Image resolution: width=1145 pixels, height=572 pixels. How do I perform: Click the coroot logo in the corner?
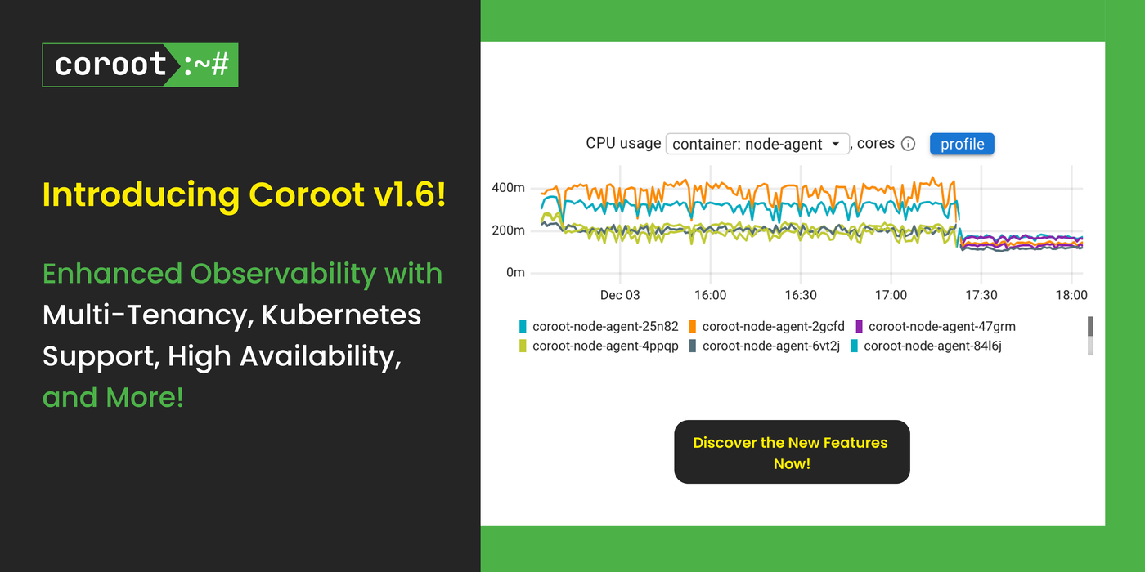pos(140,65)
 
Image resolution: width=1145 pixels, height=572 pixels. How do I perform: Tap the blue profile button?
pos(962,144)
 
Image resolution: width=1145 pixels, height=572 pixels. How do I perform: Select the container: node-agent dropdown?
pos(757,144)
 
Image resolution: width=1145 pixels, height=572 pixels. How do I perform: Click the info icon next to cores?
pos(908,144)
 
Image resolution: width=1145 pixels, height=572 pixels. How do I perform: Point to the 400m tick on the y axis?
pos(508,188)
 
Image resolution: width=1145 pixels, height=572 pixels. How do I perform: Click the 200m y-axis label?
pos(508,230)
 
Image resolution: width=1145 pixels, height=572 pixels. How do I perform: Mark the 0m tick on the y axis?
pos(515,273)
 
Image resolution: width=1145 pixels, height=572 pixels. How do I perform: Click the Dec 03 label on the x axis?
pos(620,294)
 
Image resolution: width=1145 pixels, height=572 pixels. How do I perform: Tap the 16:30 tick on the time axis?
pos(801,294)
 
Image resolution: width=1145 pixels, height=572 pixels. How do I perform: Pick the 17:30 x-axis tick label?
pos(981,294)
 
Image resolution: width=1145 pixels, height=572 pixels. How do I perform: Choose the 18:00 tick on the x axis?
pos(1071,294)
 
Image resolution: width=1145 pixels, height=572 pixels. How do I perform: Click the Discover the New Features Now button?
pos(792,452)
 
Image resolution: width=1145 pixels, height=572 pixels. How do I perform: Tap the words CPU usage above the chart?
pos(623,143)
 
